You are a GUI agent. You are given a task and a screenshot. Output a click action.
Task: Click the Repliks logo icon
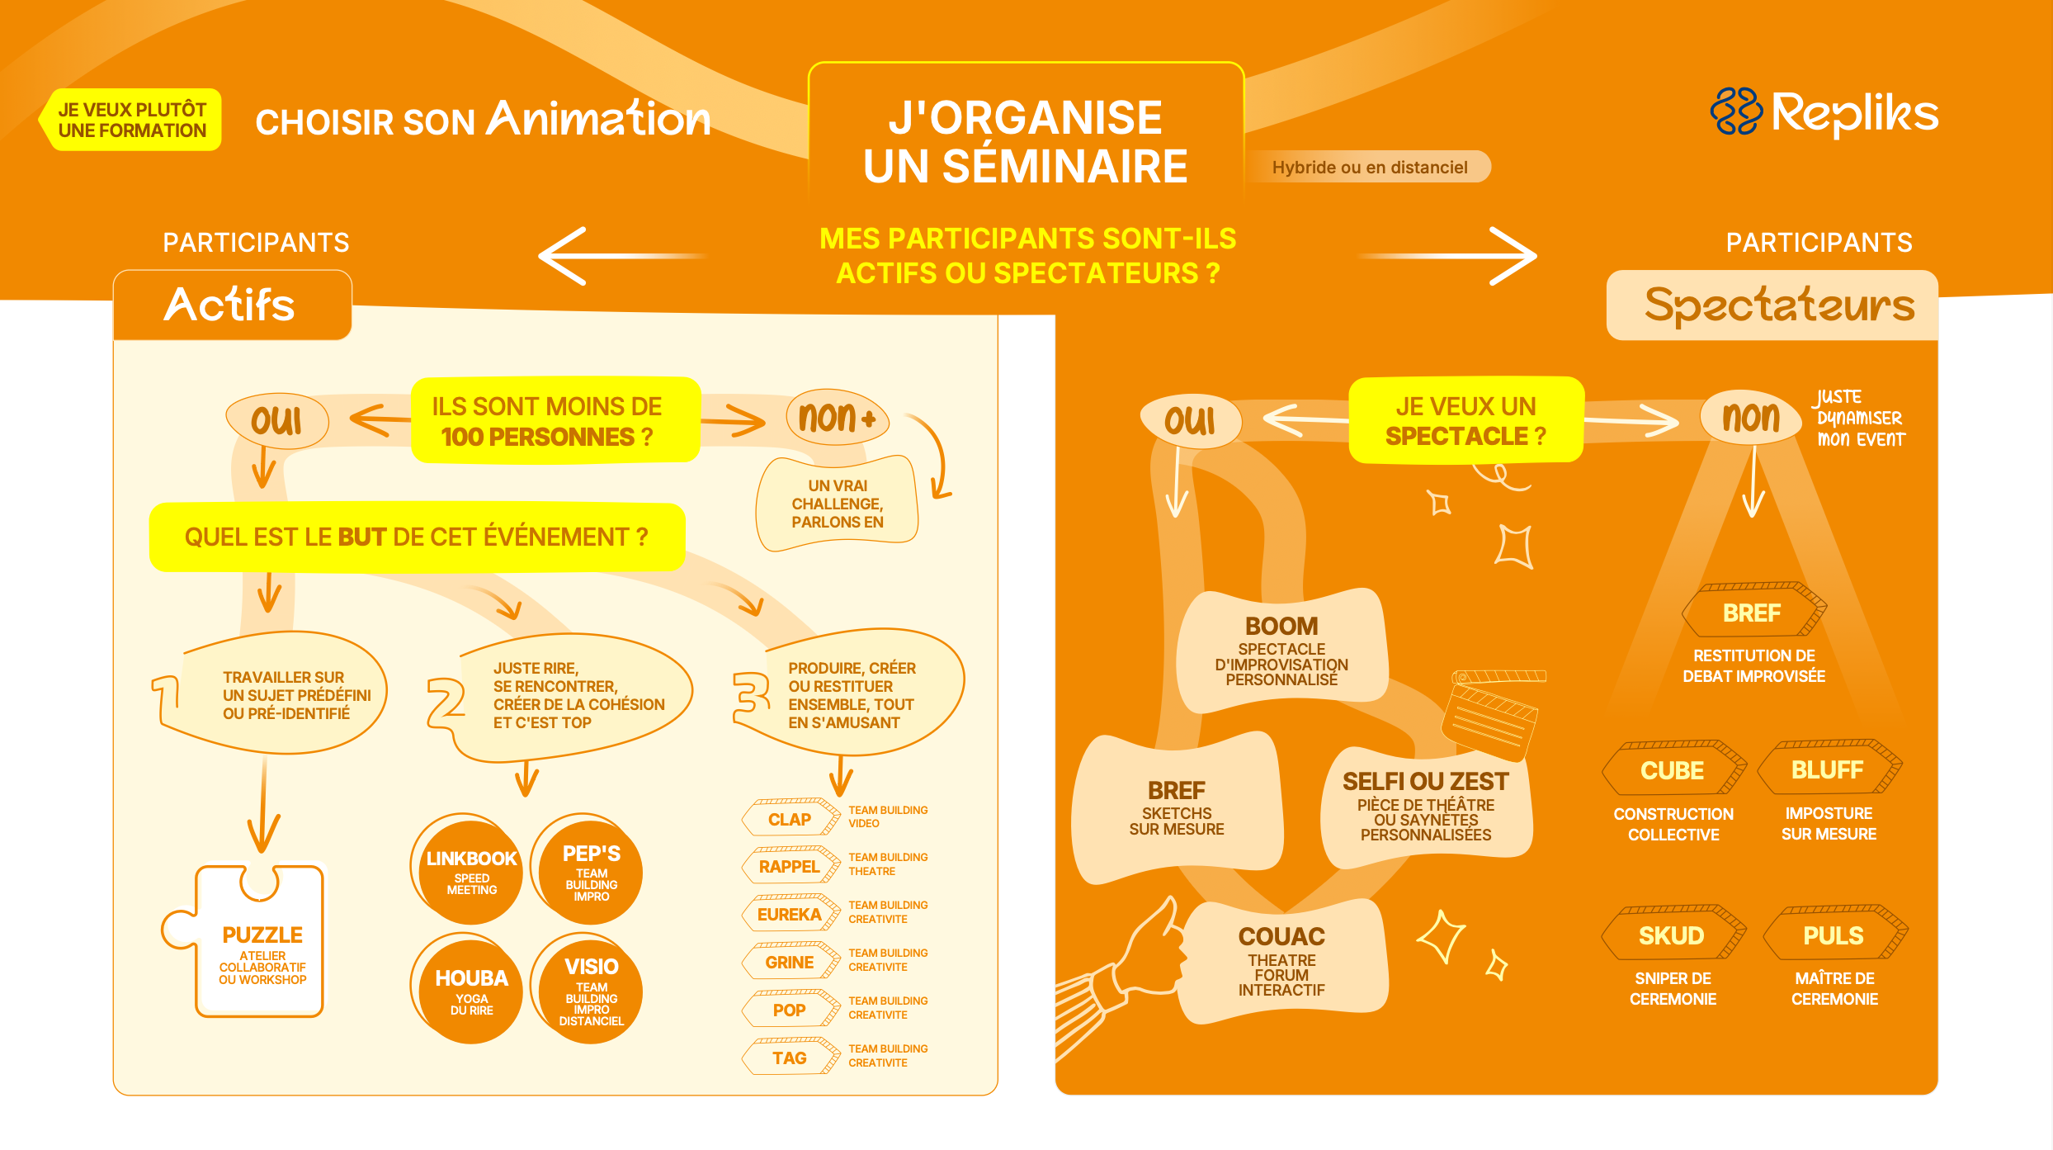tap(1735, 112)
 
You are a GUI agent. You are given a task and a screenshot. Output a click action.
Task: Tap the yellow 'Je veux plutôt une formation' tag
tap(132, 120)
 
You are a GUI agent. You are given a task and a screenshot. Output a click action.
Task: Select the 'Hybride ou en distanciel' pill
tap(1369, 167)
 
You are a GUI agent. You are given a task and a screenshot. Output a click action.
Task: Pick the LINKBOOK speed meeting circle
tap(471, 871)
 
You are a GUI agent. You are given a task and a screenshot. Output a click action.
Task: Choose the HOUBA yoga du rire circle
tap(471, 989)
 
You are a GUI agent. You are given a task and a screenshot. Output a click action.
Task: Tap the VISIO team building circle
tap(591, 989)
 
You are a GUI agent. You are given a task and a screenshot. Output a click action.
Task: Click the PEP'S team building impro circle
tap(591, 871)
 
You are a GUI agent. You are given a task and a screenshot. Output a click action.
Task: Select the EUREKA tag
tap(790, 914)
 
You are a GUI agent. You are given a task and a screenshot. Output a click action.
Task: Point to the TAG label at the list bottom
tap(790, 1058)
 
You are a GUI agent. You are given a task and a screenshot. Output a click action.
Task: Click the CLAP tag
tap(790, 818)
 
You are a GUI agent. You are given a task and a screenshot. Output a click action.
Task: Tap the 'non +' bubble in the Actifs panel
tap(836, 418)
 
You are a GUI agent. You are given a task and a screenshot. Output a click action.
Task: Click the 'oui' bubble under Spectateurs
tap(1189, 421)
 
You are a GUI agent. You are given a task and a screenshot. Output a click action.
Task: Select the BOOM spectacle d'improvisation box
tap(1281, 651)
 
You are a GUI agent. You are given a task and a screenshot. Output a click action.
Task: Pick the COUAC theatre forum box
tap(1281, 961)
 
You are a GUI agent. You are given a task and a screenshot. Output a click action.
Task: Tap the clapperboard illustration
tap(1490, 715)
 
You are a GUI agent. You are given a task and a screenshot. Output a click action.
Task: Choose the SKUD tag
tap(1672, 935)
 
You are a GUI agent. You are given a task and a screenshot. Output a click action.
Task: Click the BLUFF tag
tap(1828, 769)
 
